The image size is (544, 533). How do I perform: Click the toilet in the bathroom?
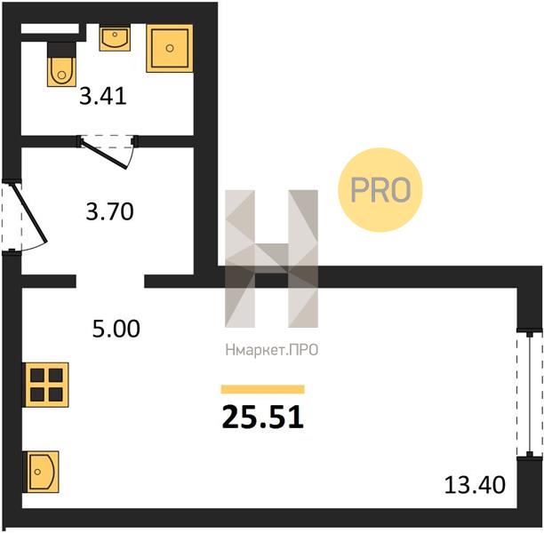point(61,71)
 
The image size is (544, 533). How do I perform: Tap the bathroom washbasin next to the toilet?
point(115,37)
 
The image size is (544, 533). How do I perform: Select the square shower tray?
point(170,48)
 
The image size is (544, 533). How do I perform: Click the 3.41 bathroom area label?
point(103,96)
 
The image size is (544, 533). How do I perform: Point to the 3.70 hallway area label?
point(109,211)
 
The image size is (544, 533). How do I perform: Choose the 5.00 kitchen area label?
point(116,329)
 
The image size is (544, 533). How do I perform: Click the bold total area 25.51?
point(263,418)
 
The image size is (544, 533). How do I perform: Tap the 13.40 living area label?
point(475,485)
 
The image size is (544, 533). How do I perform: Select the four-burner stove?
point(46,385)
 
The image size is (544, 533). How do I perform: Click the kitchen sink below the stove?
point(41,472)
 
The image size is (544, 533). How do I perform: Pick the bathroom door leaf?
point(104,153)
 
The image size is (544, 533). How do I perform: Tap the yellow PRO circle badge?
point(380,190)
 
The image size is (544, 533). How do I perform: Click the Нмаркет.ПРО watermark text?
point(272,350)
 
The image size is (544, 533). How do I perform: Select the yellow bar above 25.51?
point(263,389)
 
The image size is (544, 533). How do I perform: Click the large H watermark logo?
point(272,259)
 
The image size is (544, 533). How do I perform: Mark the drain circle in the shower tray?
point(170,48)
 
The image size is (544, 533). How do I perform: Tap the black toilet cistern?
point(61,50)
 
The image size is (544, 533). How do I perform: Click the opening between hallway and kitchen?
point(110,282)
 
